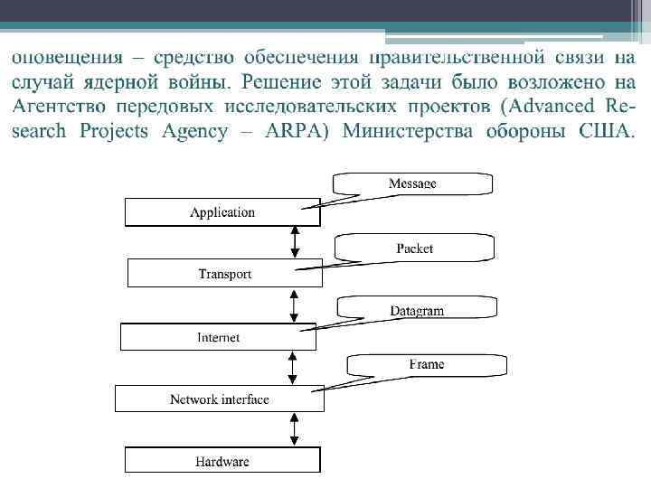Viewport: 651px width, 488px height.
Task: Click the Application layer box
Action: pyautogui.click(x=222, y=212)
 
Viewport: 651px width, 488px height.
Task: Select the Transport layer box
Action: pyautogui.click(x=224, y=273)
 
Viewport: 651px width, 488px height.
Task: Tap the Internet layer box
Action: pyautogui.click(x=219, y=337)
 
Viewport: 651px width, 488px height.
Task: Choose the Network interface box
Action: pyautogui.click(x=219, y=399)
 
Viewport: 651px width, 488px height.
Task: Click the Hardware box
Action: pyautogui.click(x=222, y=461)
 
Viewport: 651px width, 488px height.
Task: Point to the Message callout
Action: pyautogui.click(x=412, y=183)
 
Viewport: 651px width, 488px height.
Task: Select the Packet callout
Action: pyautogui.click(x=414, y=248)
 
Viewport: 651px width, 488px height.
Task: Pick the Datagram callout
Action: pyautogui.click(x=416, y=310)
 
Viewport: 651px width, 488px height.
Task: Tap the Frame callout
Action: pyautogui.click(x=426, y=364)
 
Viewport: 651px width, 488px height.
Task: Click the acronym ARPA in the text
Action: pyautogui.click(x=293, y=132)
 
